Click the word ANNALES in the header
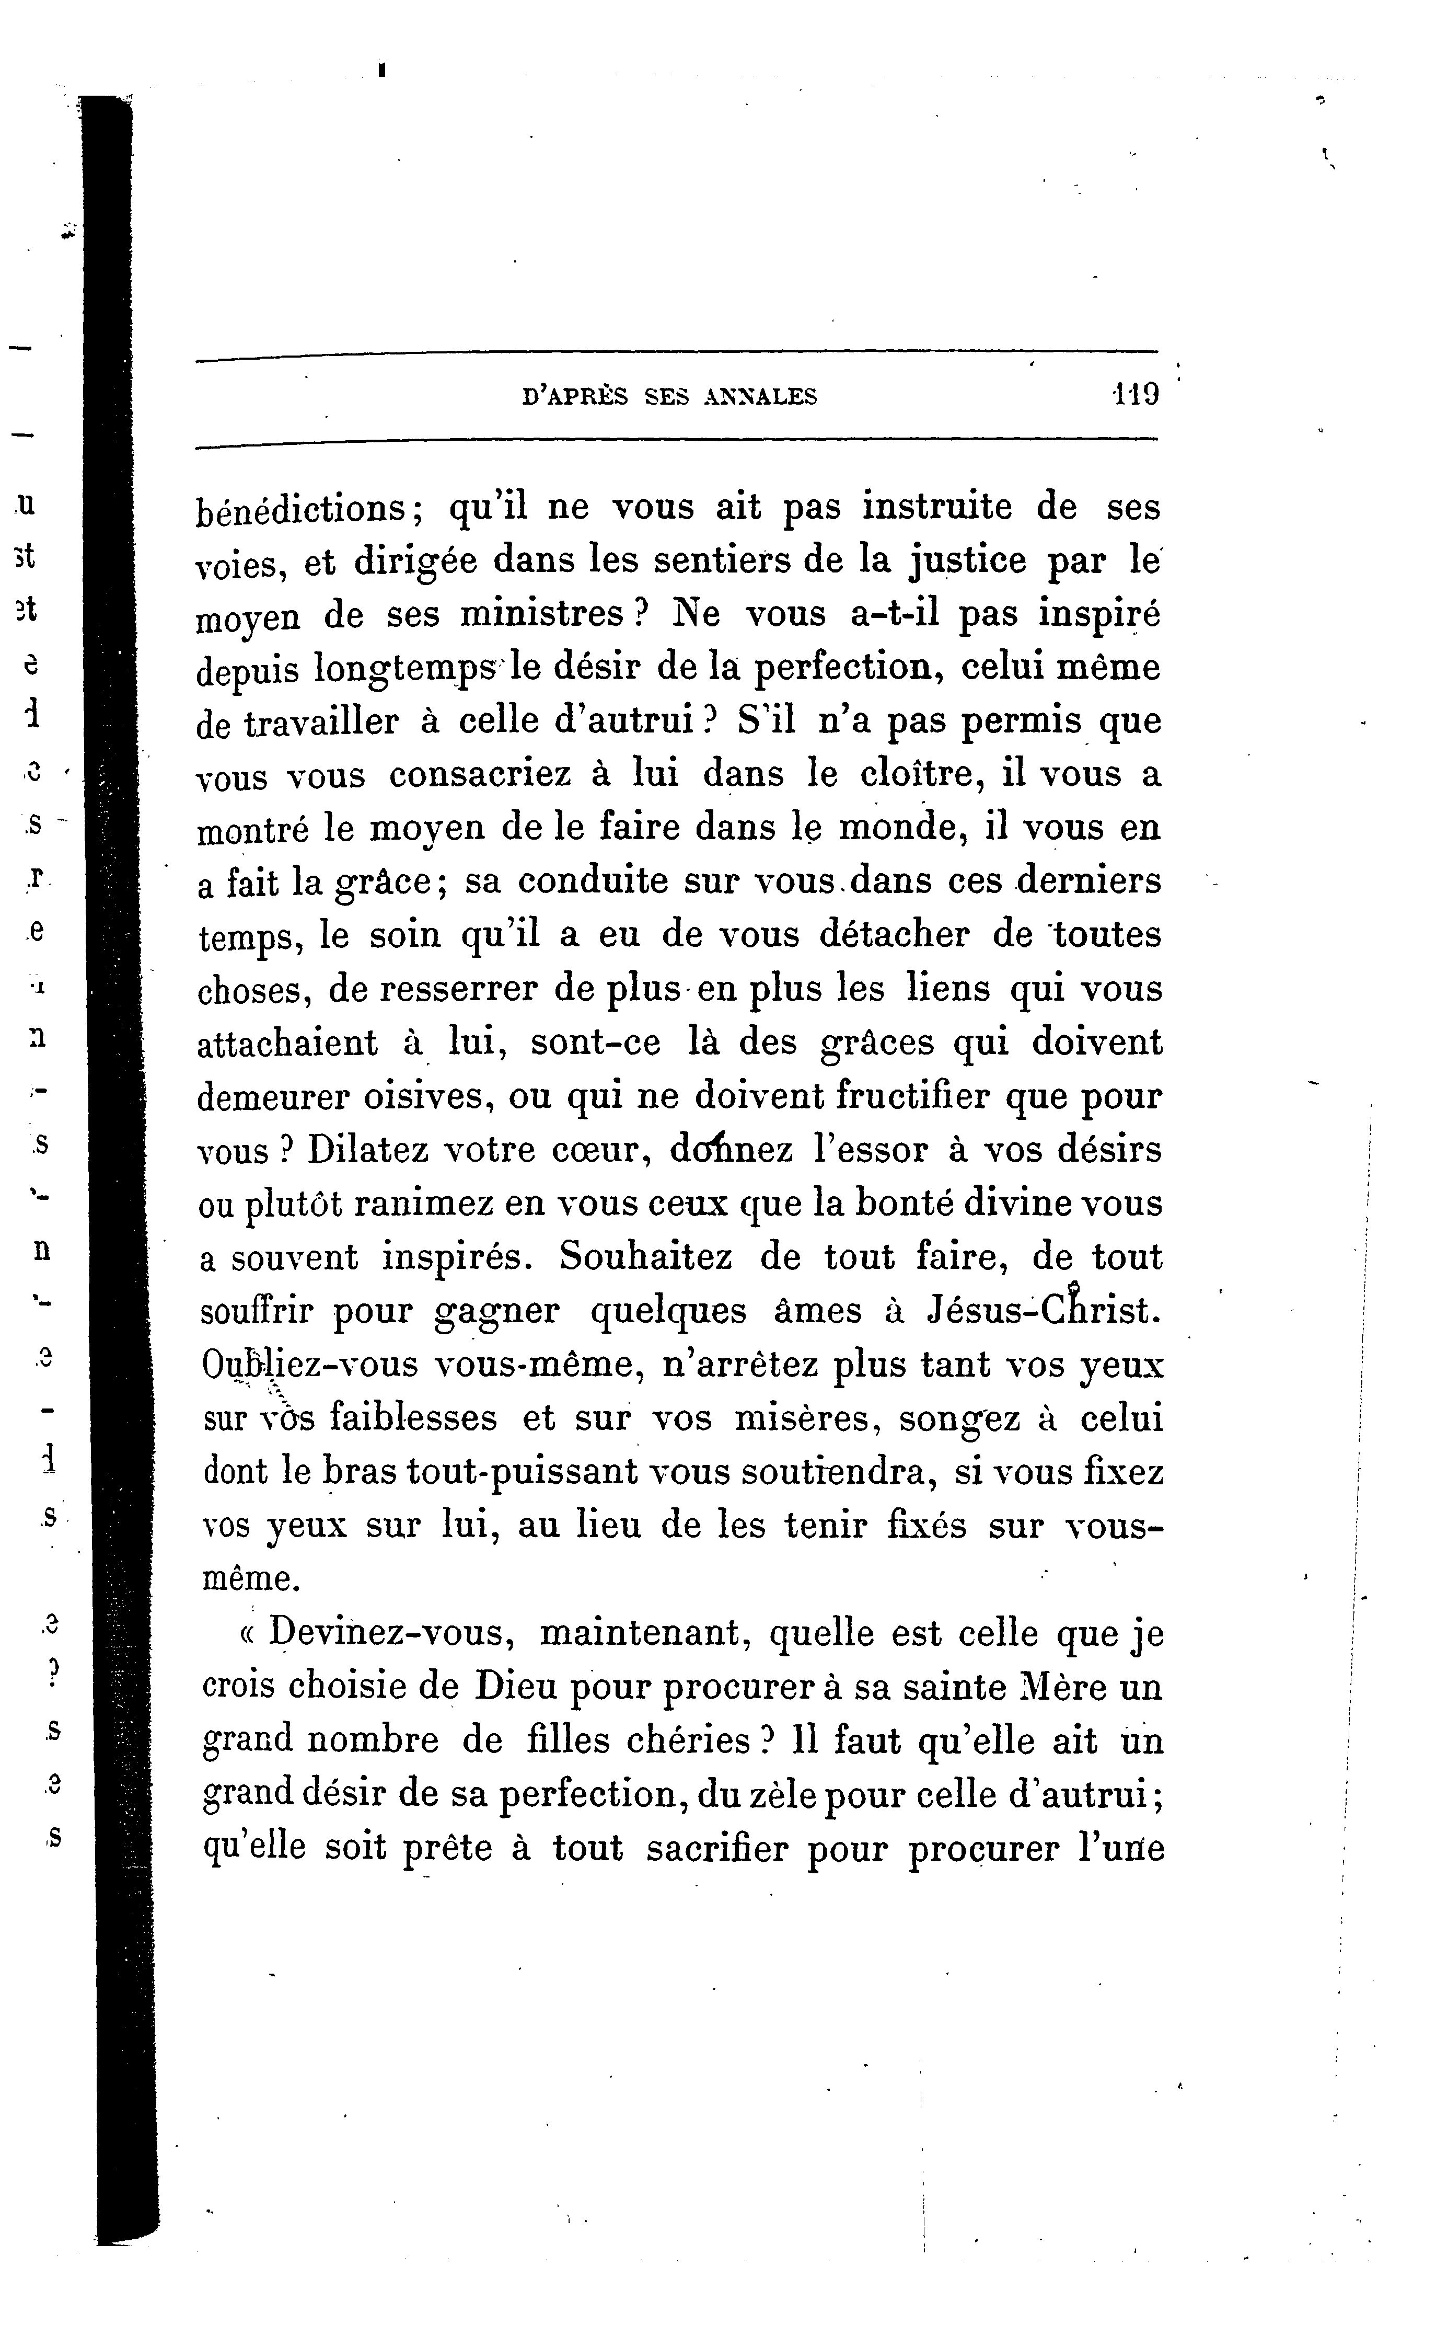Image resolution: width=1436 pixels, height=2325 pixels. [760, 396]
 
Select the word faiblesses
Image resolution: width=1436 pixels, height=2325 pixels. [413, 1418]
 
